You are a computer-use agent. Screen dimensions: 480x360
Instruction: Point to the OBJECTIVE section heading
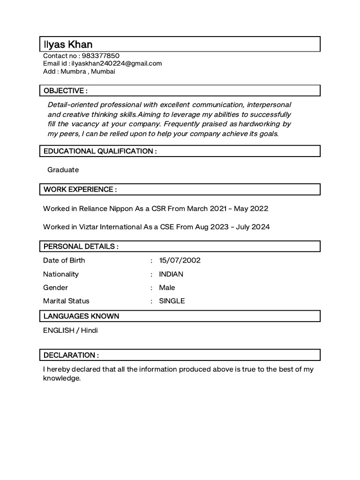click(x=66, y=90)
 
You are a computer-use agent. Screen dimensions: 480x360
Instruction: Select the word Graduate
click(x=63, y=170)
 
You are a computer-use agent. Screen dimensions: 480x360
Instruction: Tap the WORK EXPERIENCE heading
click(x=80, y=189)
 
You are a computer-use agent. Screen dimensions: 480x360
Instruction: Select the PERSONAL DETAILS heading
click(x=81, y=247)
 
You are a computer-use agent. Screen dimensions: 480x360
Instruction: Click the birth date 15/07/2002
click(x=180, y=261)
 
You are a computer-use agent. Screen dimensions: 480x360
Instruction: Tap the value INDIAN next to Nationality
click(x=171, y=274)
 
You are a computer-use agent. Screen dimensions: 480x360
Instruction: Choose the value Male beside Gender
click(x=167, y=287)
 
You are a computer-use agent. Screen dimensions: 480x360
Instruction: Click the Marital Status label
click(x=66, y=301)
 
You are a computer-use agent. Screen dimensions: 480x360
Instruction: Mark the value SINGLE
click(x=172, y=301)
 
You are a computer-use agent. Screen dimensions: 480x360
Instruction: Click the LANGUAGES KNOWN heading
click(x=81, y=316)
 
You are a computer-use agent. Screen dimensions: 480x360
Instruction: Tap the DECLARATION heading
click(x=71, y=355)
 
